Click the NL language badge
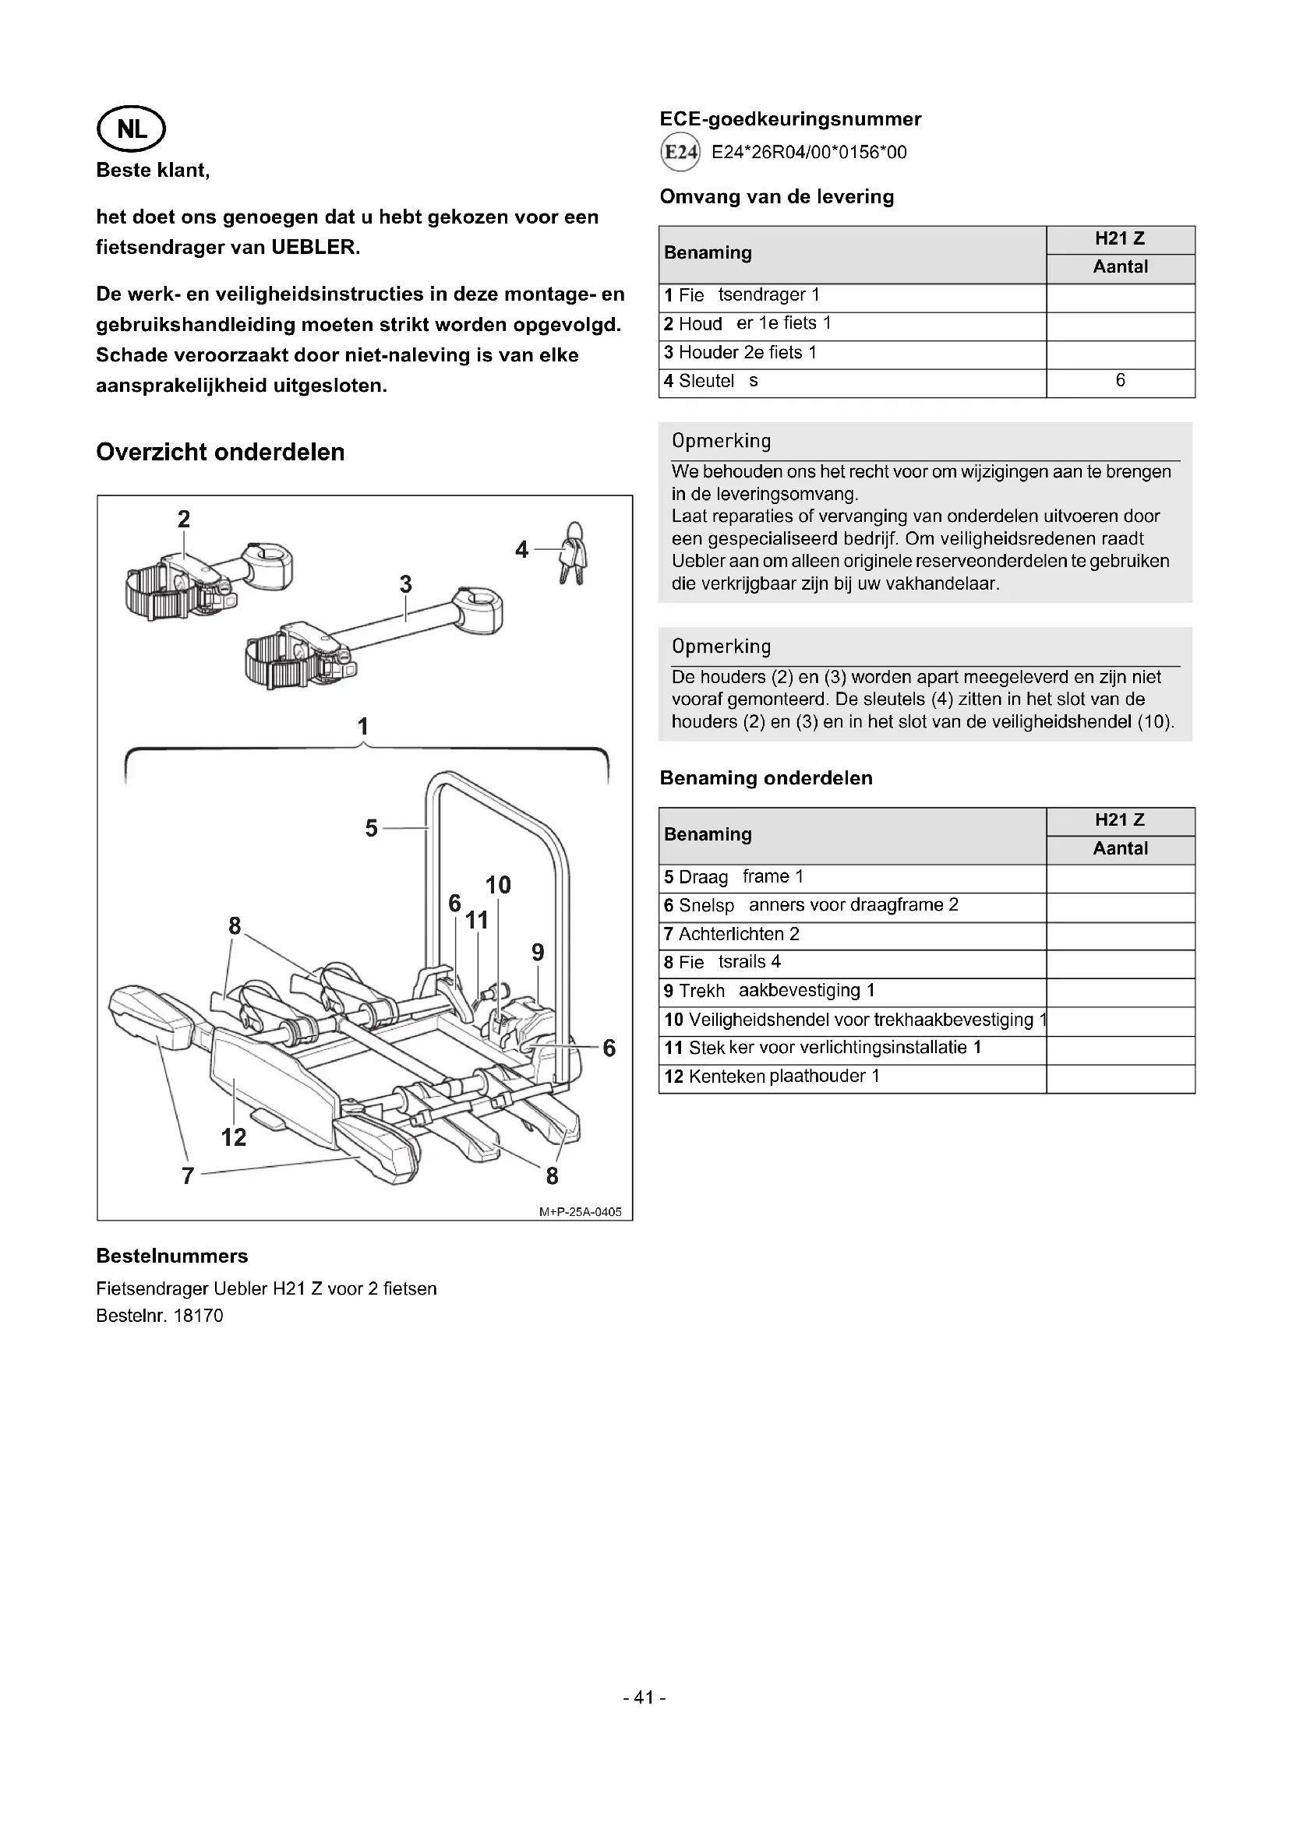131,129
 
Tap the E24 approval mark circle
680,153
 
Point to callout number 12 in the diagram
233,1137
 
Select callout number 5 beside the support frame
372,829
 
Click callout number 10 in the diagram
498,885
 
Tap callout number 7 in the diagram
188,1176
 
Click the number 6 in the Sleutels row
1120,381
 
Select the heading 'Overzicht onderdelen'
221,453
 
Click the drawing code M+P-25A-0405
581,1212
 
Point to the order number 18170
199,1316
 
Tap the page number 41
644,1697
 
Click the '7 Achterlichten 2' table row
731,934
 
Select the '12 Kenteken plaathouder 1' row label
772,1076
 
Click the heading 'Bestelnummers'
171,1256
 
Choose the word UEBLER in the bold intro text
315,248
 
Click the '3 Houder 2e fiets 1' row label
740,352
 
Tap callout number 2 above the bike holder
183,519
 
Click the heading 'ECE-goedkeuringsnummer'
789,119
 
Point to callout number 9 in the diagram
539,952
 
